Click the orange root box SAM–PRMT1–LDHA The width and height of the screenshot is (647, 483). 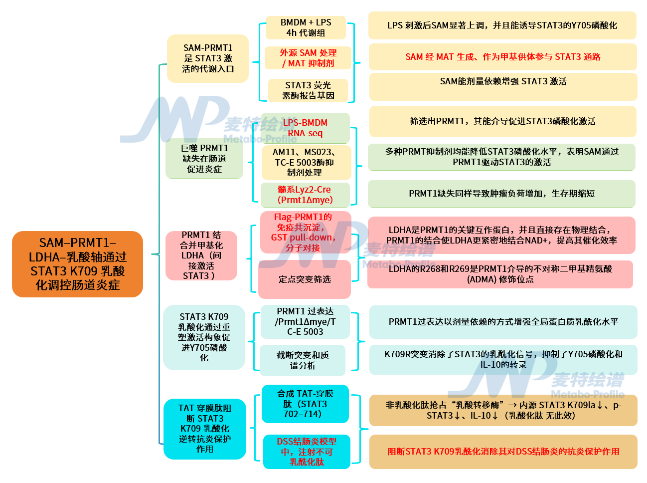point(77,264)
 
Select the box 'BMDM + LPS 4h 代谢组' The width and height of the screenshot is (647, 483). point(306,27)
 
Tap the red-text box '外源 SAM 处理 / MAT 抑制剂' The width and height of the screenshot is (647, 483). point(308,58)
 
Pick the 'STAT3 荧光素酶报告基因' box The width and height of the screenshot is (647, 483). point(308,90)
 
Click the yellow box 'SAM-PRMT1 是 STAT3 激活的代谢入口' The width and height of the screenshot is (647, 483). point(207,58)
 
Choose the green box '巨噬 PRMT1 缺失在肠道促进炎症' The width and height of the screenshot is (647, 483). point(204,159)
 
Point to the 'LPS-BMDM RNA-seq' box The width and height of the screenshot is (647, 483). point(305,128)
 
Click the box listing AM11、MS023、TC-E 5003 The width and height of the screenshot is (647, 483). point(306,163)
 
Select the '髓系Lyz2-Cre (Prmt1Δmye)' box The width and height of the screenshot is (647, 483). point(305,195)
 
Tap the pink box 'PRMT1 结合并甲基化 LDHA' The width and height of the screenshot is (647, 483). point(201,255)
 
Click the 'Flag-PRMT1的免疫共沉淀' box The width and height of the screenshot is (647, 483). point(306,232)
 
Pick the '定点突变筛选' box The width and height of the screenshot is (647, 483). point(305,279)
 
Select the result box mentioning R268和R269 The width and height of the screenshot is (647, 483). point(500,274)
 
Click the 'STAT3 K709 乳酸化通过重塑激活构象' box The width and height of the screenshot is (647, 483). point(204,337)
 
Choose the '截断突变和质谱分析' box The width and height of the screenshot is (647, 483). point(303,360)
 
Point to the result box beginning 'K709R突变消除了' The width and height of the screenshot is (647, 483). point(503,359)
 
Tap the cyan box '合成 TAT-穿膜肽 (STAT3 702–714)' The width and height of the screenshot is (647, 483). point(305,404)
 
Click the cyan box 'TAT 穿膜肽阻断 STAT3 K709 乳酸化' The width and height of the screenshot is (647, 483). point(204,429)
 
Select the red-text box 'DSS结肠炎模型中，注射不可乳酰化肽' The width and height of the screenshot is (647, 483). point(307,452)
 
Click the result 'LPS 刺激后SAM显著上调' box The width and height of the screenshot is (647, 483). point(502,25)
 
